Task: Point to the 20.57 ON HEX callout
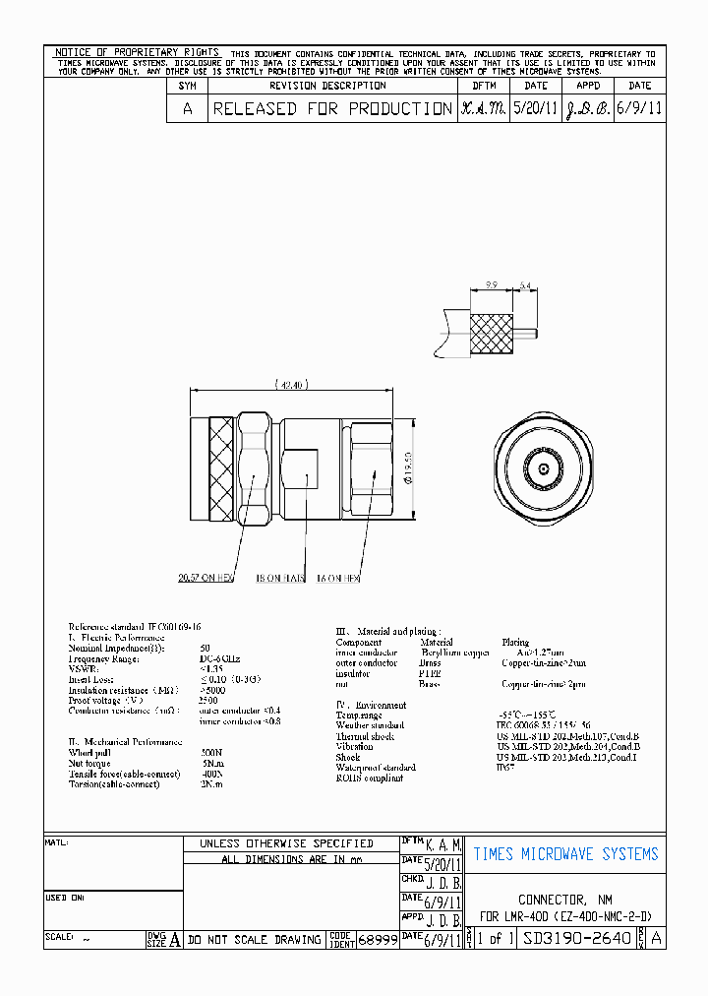pyautogui.click(x=206, y=579)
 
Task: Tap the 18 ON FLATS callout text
pyautogui.click(x=282, y=579)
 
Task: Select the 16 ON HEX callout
pyautogui.click(x=337, y=579)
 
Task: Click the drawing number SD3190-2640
pyautogui.click(x=577, y=939)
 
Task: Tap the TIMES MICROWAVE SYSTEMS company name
pyautogui.click(x=565, y=854)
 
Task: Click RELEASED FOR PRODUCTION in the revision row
pyautogui.click(x=332, y=109)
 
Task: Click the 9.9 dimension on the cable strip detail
pyautogui.click(x=492, y=286)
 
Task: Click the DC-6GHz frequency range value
pyautogui.click(x=220, y=658)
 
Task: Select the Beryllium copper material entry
pyautogui.click(x=454, y=653)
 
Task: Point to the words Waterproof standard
pyautogui.click(x=376, y=768)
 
